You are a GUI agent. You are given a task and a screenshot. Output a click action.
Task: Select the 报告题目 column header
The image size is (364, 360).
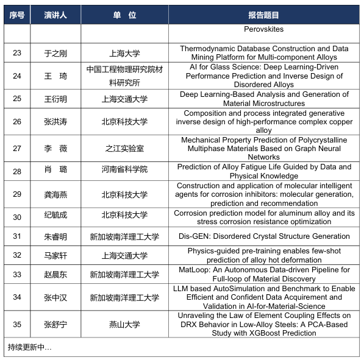[x=263, y=15]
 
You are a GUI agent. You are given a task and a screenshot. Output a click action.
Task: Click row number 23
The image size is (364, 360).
[x=16, y=52]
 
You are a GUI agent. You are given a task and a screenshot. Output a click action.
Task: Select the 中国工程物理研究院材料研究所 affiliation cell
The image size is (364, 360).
[x=124, y=76]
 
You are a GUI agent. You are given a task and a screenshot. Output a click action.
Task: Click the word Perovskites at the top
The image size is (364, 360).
[x=263, y=29]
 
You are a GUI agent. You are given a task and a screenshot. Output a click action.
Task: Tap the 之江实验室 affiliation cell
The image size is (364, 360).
[x=124, y=148]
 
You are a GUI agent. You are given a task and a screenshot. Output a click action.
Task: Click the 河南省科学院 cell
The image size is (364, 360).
[x=124, y=170]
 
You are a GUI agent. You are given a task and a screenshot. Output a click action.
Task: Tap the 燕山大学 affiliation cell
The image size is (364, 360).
[x=124, y=325]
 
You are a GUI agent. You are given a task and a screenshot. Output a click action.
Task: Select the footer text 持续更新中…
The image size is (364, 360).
[x=29, y=347]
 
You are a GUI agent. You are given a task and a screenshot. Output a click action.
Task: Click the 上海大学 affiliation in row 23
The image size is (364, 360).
[x=124, y=52]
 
